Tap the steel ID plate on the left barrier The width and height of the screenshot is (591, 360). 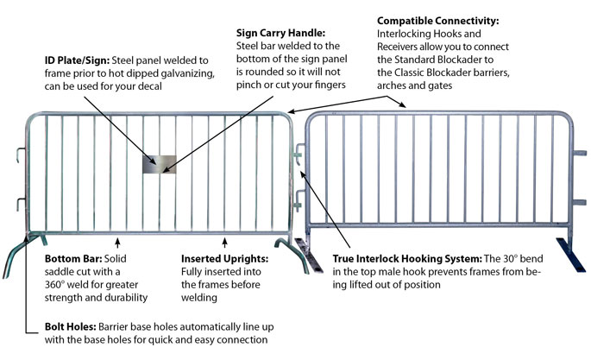160,164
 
